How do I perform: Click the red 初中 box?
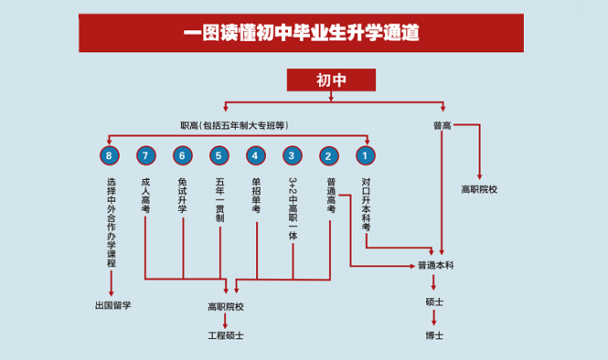(331, 80)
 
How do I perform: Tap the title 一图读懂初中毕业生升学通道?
(301, 34)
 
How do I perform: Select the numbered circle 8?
(111, 154)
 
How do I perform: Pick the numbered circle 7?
(146, 154)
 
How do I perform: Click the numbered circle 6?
(183, 154)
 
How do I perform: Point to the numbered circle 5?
(219, 154)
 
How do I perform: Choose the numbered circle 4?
(256, 154)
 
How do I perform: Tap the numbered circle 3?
(293, 154)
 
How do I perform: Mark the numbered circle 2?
(329, 154)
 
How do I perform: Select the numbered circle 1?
(366, 154)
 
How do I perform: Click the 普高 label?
(443, 126)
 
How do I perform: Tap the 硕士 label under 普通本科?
(435, 301)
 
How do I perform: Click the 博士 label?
(435, 335)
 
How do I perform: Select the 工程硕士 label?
(226, 335)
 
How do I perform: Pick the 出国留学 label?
(112, 305)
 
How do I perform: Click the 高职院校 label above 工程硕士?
(226, 306)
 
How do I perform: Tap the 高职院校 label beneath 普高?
(479, 190)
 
